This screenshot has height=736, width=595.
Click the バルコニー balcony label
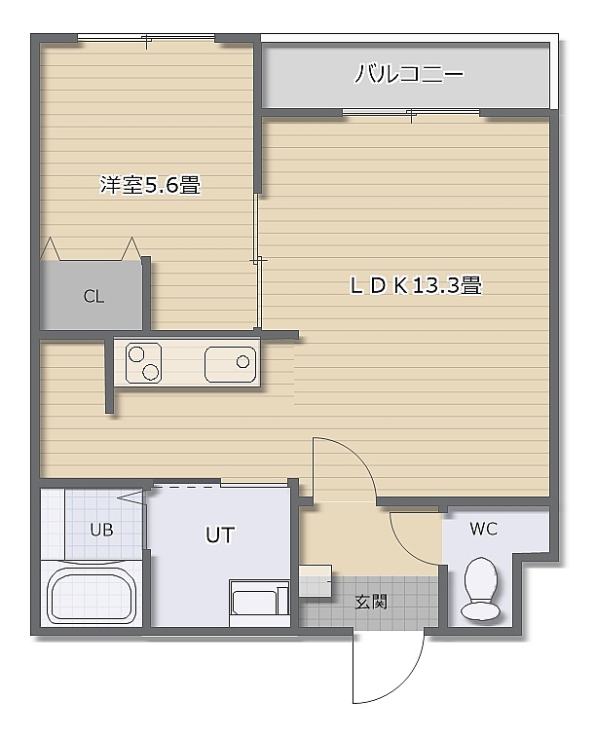[x=409, y=74]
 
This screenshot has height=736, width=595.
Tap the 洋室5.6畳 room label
[x=150, y=184]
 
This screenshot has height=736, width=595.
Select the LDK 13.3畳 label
[x=416, y=285]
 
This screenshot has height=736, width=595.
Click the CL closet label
[x=93, y=296]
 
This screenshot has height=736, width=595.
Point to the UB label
[x=101, y=530]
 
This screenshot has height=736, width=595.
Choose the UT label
[x=220, y=534]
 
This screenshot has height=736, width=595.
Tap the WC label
[x=483, y=529]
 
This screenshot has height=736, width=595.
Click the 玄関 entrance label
[x=370, y=602]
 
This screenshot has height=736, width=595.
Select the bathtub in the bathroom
[x=92, y=595]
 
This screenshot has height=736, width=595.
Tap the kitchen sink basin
[x=231, y=364]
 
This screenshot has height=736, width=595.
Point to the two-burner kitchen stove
[x=144, y=363]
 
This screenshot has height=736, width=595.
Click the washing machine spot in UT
[x=259, y=604]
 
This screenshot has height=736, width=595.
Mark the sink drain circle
[x=242, y=362]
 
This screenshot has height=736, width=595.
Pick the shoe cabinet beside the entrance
[x=316, y=580]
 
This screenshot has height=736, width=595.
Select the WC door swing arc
[x=408, y=545]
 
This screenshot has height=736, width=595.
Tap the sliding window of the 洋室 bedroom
[x=146, y=38]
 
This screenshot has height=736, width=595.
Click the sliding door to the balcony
[x=411, y=113]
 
